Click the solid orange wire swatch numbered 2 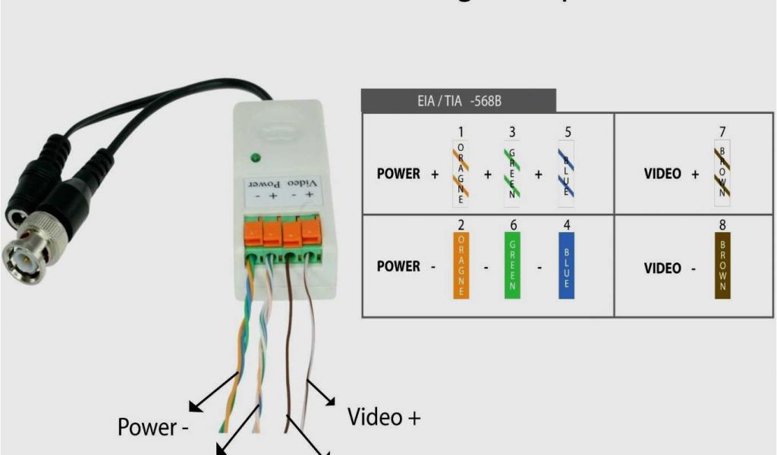[461, 265]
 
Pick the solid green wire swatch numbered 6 [512, 265]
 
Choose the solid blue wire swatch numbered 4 [565, 265]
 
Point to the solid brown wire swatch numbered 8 [722, 265]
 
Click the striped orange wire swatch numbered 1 [460, 174]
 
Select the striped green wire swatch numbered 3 [512, 174]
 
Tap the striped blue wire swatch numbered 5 [566, 174]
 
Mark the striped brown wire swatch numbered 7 [722, 174]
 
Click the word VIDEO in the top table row [662, 174]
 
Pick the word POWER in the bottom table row [398, 266]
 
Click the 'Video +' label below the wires [384, 416]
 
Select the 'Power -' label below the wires [153, 428]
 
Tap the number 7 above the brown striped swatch [722, 133]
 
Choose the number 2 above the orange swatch [461, 224]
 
